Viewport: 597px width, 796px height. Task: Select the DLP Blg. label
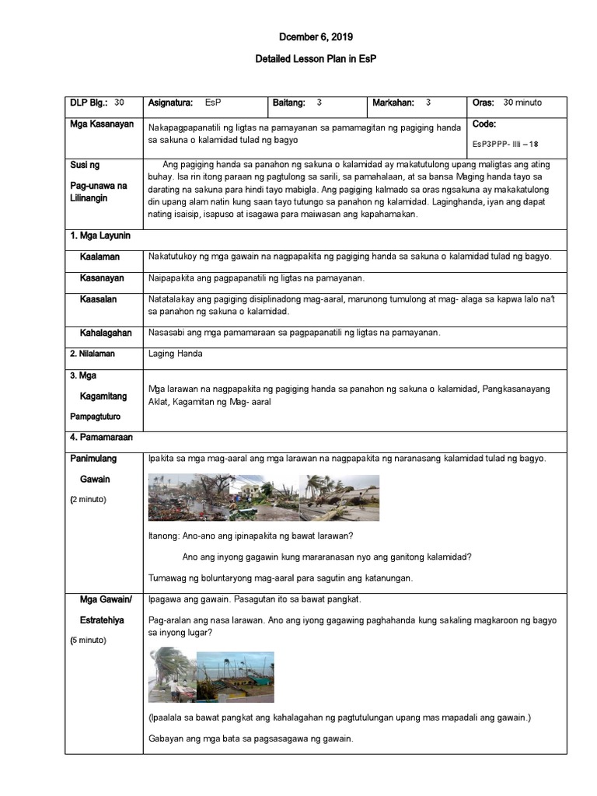click(x=89, y=103)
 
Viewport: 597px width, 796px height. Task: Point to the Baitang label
click(x=289, y=103)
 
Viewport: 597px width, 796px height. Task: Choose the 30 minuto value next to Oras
click(x=522, y=103)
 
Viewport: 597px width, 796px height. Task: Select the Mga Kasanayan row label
click(x=102, y=124)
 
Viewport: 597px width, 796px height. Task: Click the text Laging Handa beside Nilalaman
click(x=175, y=354)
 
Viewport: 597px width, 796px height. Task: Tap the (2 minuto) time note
click(x=89, y=498)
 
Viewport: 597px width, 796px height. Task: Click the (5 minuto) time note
click(x=89, y=640)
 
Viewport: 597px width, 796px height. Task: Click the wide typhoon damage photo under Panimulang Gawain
click(x=264, y=497)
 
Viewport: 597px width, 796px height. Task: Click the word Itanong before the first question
click(x=164, y=536)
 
